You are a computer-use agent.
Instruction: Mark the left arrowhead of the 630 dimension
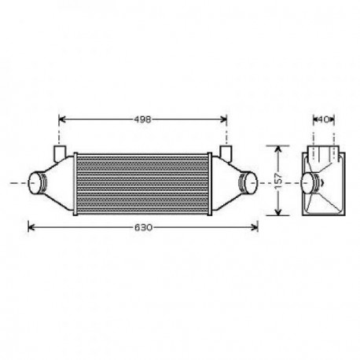point(31,227)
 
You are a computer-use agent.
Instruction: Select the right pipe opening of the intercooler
point(250,182)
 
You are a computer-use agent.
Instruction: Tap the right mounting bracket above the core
point(226,150)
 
